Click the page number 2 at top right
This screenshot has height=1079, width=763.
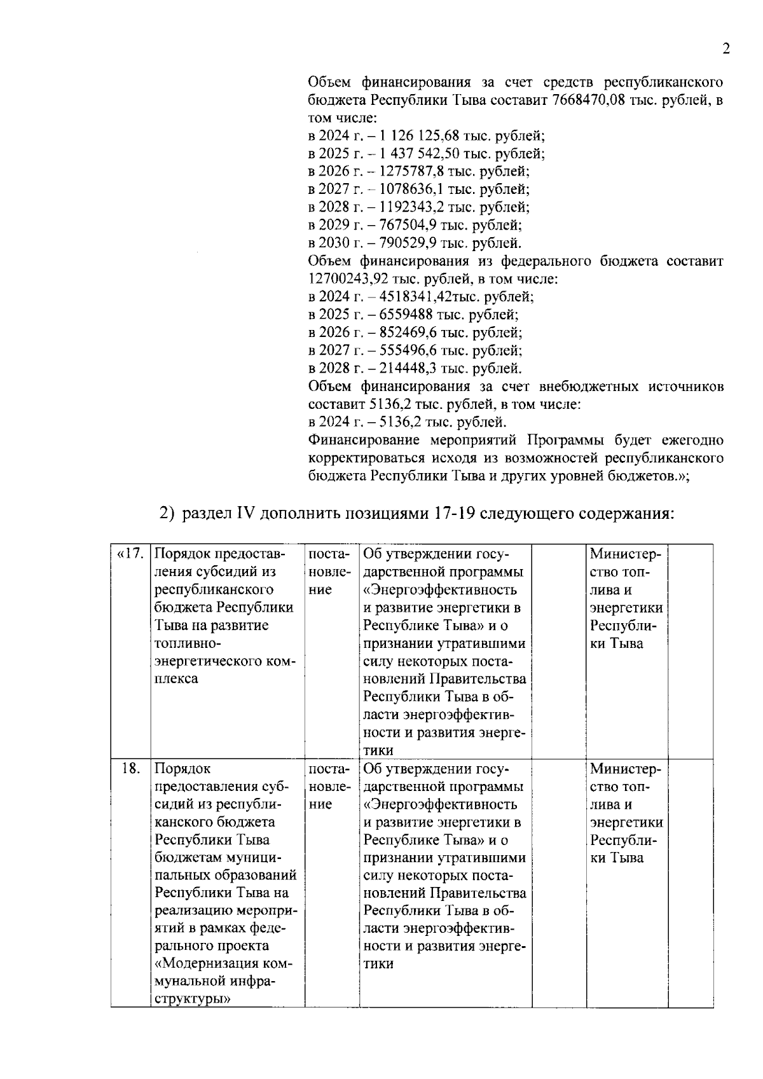(x=725, y=50)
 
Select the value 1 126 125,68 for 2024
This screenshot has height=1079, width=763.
(x=419, y=135)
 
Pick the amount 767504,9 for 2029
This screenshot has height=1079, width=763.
(x=408, y=224)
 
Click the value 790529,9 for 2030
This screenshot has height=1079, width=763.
(x=408, y=243)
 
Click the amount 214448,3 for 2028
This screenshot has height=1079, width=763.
(x=408, y=368)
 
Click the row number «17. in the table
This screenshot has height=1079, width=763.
(x=130, y=554)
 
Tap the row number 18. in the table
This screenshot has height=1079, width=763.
(x=130, y=769)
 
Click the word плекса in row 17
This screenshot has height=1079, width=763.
(x=176, y=678)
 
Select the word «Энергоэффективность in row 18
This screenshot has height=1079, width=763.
(x=440, y=804)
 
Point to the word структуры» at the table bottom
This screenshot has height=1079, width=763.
(x=193, y=999)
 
